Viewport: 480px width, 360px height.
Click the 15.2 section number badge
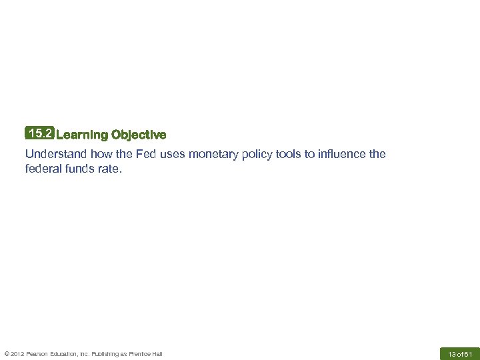(39, 134)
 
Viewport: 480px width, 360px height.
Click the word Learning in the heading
(82, 135)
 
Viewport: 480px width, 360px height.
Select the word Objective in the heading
(139, 135)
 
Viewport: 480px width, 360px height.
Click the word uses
(173, 154)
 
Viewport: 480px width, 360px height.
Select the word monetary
(213, 154)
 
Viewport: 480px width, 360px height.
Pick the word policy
(259, 154)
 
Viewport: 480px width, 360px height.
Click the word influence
(341, 154)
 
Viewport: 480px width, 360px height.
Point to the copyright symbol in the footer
(6, 353)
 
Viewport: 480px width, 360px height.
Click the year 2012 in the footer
(17, 353)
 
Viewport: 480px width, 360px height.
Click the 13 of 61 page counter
(460, 353)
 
